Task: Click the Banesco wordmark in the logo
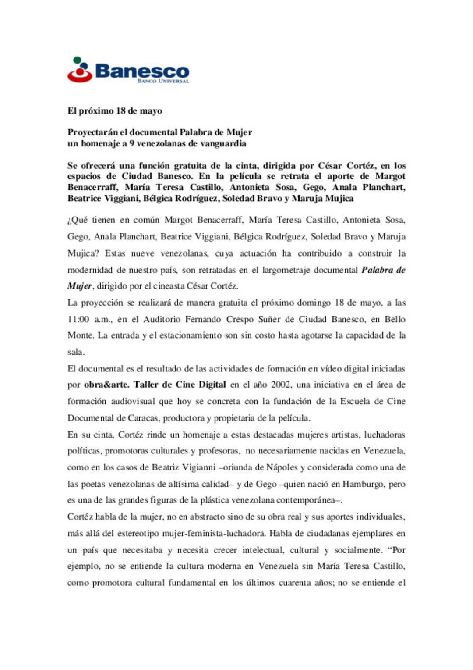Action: (142, 71)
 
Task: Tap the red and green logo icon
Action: (79, 70)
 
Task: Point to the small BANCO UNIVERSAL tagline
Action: (163, 81)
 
